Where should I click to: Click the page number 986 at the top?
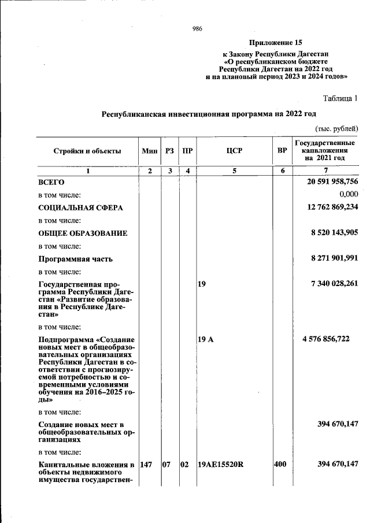(197, 28)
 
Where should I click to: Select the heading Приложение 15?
(276, 43)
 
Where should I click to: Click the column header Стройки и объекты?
(87, 151)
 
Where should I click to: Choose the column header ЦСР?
(234, 151)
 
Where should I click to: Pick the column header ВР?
(282, 151)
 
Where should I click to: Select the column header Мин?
(149, 151)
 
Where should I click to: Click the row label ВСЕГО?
(51, 182)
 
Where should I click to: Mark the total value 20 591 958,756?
(332, 181)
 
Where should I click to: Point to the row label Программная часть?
(75, 259)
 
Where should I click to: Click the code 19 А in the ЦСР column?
(206, 339)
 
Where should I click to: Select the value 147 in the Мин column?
(147, 464)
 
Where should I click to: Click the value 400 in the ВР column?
(280, 464)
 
